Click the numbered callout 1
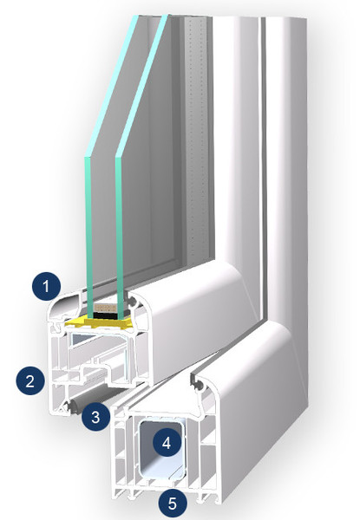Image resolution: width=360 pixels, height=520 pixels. click(46, 286)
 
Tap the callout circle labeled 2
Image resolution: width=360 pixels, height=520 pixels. click(30, 380)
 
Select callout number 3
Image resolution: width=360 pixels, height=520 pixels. click(95, 417)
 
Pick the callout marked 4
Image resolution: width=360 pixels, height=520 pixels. click(167, 442)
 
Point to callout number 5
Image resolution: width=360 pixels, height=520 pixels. click(173, 504)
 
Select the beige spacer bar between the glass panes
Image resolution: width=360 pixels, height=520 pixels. click(105, 308)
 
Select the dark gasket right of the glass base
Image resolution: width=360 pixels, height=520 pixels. click(132, 302)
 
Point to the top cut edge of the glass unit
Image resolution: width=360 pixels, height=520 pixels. click(153, 16)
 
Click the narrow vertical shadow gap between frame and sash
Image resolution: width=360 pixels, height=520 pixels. click(263, 166)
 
